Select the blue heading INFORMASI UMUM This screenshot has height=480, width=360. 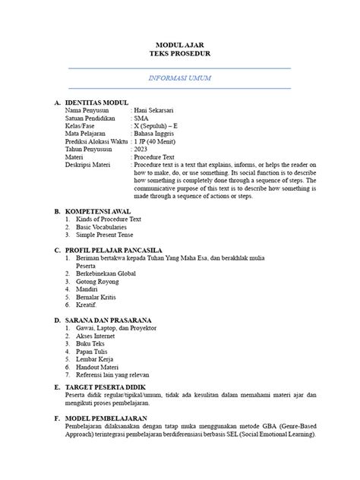click(x=179, y=79)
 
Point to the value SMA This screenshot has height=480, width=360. click(x=141, y=119)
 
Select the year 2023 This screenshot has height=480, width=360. click(x=142, y=153)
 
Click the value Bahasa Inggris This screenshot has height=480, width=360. click(x=155, y=137)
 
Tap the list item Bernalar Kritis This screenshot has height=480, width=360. click(x=98, y=298)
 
